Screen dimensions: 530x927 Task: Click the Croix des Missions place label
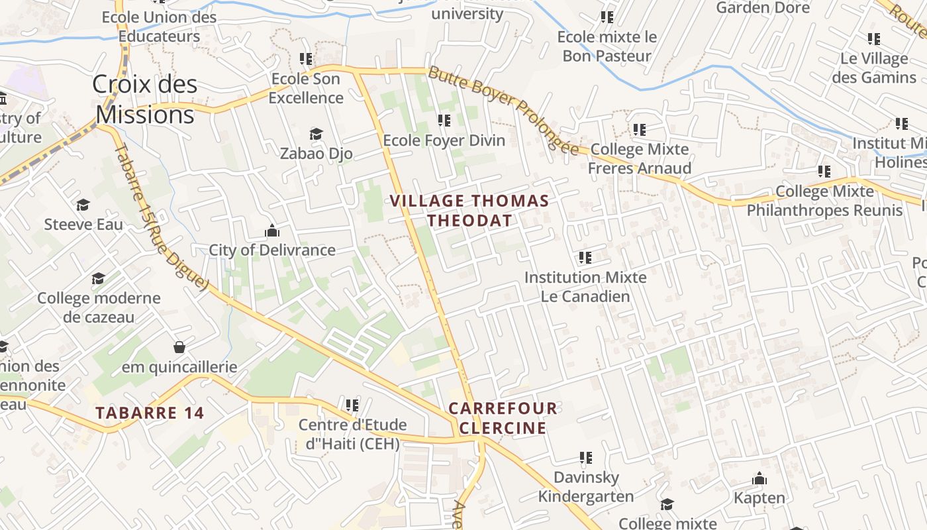pyautogui.click(x=145, y=99)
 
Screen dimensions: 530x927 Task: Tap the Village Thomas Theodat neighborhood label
pyautogui.click(x=469, y=211)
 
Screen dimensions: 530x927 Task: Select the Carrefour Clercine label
pyautogui.click(x=503, y=418)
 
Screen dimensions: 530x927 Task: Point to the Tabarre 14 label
pyautogui.click(x=150, y=413)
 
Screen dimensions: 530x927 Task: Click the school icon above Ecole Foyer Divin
pyautogui.click(x=444, y=121)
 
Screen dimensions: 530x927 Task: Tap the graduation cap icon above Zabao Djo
pyautogui.click(x=316, y=134)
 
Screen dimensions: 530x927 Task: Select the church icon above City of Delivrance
pyautogui.click(x=272, y=231)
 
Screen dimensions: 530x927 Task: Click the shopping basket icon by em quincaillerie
pyautogui.click(x=179, y=347)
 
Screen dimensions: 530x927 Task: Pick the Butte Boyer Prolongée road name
pyautogui.click(x=503, y=109)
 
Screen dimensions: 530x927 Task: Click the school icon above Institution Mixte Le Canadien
pyautogui.click(x=585, y=257)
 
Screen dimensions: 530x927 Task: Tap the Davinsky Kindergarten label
pyautogui.click(x=585, y=486)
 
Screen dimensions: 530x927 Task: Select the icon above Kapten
pyautogui.click(x=759, y=478)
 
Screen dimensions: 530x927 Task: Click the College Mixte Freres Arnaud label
pyautogui.click(x=639, y=158)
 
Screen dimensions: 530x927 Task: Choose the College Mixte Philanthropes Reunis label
pyautogui.click(x=824, y=201)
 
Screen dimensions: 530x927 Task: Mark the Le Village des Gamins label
pyautogui.click(x=874, y=68)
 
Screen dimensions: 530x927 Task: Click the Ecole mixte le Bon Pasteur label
pyautogui.click(x=607, y=46)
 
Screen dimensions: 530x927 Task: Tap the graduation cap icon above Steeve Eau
pyautogui.click(x=83, y=205)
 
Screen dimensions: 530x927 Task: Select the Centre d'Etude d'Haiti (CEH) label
pyautogui.click(x=352, y=434)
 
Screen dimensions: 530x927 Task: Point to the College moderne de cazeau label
pyautogui.click(x=99, y=307)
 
